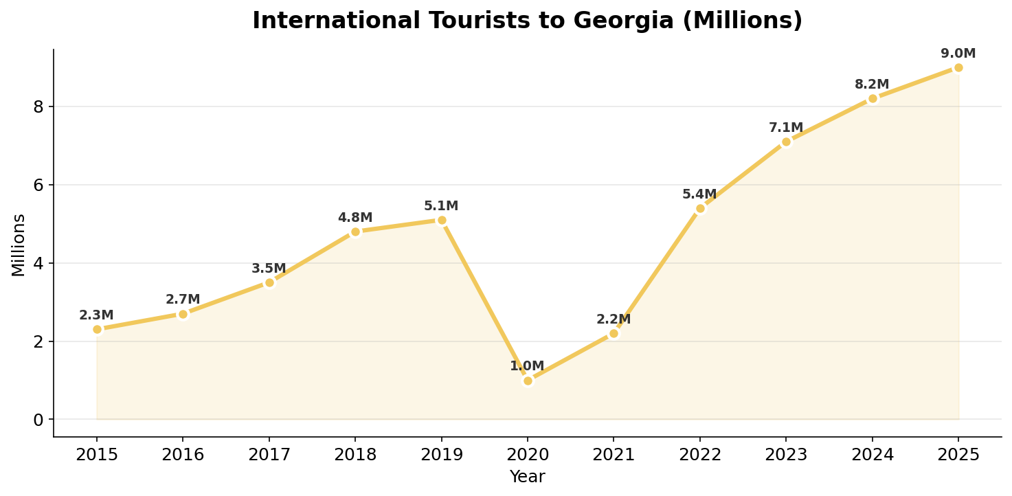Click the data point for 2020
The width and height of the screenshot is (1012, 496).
click(528, 381)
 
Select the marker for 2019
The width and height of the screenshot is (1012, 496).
click(442, 221)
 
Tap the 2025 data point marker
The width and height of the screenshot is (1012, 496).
click(958, 67)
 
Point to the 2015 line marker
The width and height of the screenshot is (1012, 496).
click(97, 329)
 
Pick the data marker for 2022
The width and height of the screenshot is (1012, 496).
click(700, 208)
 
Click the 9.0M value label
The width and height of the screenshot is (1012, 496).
click(958, 54)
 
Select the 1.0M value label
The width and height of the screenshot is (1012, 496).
click(527, 366)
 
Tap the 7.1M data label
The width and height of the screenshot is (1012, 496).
click(786, 128)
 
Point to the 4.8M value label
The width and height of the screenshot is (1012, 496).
click(355, 218)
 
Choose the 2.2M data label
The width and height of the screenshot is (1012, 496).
click(614, 319)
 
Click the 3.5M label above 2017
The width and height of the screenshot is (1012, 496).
click(269, 269)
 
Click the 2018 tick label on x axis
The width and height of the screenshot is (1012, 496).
click(355, 455)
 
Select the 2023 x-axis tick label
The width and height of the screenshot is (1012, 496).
click(786, 455)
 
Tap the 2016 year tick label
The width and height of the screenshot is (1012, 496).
click(183, 455)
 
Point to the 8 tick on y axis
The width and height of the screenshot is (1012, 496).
click(38, 106)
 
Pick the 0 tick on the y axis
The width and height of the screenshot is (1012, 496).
click(38, 420)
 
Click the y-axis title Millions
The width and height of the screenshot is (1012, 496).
click(19, 245)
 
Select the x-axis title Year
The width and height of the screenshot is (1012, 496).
click(527, 477)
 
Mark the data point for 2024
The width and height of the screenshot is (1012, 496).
click(873, 98)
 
